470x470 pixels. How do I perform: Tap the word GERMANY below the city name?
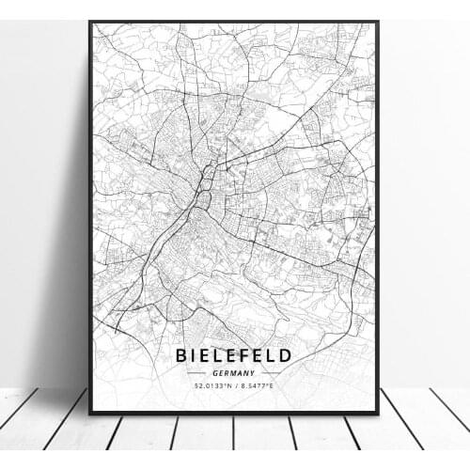tap(234, 373)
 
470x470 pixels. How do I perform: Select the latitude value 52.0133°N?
tap(207, 385)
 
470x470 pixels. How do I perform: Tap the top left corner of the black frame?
tap(90, 22)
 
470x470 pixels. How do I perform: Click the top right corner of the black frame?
tap(378, 22)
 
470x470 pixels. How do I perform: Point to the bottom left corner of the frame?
tap(90, 413)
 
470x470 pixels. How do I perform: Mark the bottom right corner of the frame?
tap(378, 413)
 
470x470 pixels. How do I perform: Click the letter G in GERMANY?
tap(215, 373)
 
